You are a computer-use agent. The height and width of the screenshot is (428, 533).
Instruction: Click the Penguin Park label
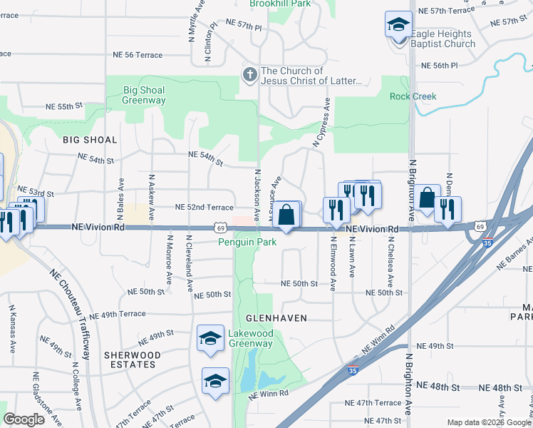pos(247,242)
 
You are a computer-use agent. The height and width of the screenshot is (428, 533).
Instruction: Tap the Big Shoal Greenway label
pos(144,96)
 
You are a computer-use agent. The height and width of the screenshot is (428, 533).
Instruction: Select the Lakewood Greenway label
pos(250,338)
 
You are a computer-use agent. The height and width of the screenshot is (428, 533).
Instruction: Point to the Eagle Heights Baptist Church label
pos(443,39)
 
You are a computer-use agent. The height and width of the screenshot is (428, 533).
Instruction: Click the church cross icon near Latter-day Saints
pos(249,74)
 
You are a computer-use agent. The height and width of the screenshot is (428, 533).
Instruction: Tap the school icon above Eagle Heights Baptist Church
pos(398,25)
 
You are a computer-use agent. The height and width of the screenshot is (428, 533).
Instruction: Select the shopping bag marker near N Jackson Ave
pos(286,215)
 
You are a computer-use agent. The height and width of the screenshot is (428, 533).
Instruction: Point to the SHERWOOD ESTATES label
pos(132,360)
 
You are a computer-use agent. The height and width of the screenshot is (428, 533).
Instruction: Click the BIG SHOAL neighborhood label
pos(89,140)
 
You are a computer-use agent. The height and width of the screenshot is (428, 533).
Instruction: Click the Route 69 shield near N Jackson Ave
pos(222,228)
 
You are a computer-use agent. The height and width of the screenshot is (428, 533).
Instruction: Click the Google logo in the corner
pos(24,419)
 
